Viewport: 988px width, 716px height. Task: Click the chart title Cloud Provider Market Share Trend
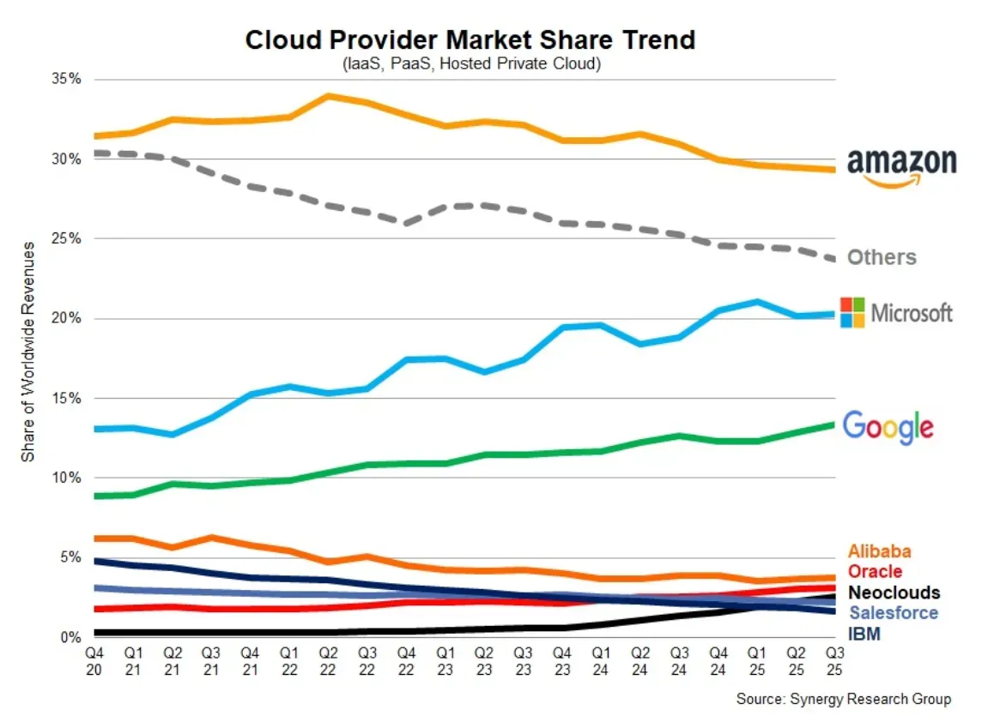pyautogui.click(x=470, y=40)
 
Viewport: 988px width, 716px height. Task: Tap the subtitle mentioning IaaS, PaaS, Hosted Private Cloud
pyautogui.click(x=470, y=64)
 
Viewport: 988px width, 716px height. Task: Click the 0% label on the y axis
pyautogui.click(x=70, y=637)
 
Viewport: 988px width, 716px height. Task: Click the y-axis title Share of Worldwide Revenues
pyautogui.click(x=28, y=352)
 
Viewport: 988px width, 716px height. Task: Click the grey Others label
pyautogui.click(x=882, y=257)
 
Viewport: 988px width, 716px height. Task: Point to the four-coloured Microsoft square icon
pyautogui.click(x=852, y=312)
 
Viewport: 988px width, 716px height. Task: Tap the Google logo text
pyautogui.click(x=888, y=426)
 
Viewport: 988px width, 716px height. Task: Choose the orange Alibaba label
pyautogui.click(x=880, y=551)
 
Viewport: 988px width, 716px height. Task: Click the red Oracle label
pyautogui.click(x=875, y=571)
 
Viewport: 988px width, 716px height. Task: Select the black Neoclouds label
pyautogui.click(x=894, y=593)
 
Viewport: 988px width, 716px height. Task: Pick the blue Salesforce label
pyautogui.click(x=893, y=613)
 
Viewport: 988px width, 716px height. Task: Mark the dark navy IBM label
pyautogui.click(x=864, y=635)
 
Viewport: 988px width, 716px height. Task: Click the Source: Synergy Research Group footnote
pyautogui.click(x=844, y=699)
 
